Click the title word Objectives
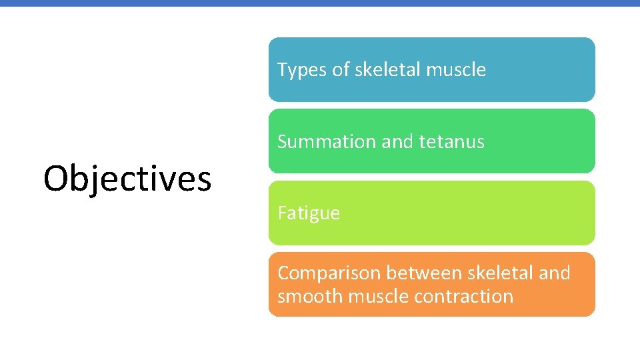pos(127,179)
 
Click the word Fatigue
pos(309,213)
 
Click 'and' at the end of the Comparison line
pos(555,273)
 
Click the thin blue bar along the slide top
pos(320,3)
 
